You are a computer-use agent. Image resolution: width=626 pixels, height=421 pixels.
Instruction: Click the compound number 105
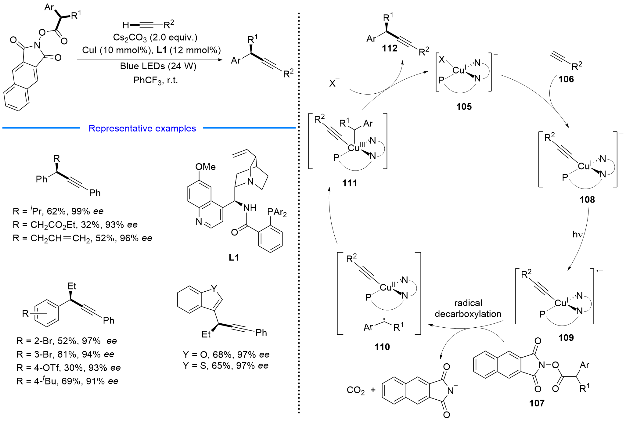tap(464, 106)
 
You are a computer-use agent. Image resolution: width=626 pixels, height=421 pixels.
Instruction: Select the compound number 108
tap(587, 200)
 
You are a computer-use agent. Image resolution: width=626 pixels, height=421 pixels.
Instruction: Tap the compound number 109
tap(566, 337)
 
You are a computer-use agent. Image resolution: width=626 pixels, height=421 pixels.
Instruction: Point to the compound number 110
tap(382, 347)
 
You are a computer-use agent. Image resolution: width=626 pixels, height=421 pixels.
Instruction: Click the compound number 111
tap(350, 183)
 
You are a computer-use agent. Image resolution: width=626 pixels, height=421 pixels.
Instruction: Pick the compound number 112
tap(390, 48)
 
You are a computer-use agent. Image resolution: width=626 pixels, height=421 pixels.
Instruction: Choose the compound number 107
tap(537, 403)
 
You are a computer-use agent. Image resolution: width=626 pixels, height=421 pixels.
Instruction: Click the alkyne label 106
tap(566, 79)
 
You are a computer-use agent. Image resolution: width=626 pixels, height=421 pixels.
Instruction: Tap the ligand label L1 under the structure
tap(234, 257)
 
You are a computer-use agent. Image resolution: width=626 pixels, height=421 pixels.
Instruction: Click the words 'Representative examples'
tap(142, 128)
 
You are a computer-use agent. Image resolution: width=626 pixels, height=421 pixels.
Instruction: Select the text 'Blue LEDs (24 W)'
tap(158, 66)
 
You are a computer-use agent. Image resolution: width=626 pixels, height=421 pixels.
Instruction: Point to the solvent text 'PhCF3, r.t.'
tap(156, 81)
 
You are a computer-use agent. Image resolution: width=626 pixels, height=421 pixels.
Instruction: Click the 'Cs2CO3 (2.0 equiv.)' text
tap(155, 38)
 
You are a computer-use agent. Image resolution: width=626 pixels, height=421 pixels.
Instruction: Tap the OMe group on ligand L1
tap(205, 167)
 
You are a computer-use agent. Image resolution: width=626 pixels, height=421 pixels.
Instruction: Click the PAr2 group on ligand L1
tap(277, 212)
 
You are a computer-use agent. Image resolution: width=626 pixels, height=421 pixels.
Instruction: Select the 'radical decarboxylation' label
tap(468, 308)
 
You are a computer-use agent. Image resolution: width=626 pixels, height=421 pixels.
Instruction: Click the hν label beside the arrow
tap(577, 234)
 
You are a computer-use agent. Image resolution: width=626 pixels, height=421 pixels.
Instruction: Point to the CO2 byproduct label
tap(355, 390)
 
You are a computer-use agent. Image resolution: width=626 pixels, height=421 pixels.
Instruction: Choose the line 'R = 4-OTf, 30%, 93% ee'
tap(69, 368)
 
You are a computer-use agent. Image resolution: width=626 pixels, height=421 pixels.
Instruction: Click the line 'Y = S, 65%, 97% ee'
tap(226, 365)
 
